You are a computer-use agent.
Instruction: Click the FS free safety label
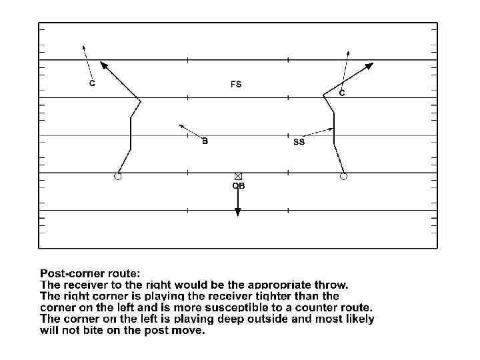(236, 85)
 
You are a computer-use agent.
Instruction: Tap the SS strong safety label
(299, 142)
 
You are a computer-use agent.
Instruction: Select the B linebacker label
(205, 141)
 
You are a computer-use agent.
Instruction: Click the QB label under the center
(238, 186)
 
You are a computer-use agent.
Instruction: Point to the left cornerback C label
(92, 83)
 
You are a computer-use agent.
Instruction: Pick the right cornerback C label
(342, 94)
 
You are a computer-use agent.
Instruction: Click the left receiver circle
(118, 177)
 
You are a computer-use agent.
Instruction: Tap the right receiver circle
(343, 177)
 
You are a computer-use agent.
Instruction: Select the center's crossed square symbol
(238, 176)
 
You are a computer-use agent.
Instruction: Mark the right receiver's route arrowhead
(371, 65)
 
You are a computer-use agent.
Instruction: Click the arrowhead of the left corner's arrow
(83, 47)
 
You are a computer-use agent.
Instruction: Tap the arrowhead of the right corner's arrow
(348, 52)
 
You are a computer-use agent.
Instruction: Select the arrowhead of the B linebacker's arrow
(181, 125)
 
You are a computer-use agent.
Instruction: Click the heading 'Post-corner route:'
(90, 273)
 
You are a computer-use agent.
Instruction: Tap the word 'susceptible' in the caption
(247, 307)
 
